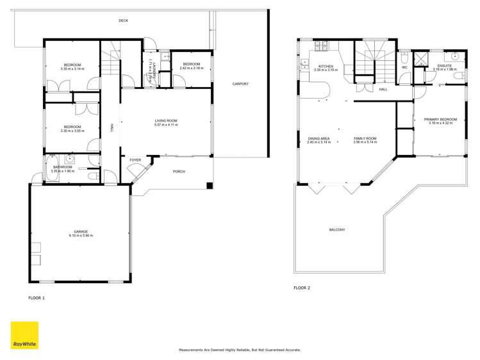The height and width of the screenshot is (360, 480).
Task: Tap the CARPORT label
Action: click(x=240, y=84)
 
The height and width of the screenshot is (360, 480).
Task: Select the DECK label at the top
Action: click(x=123, y=21)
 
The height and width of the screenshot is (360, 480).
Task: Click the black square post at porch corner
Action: click(x=209, y=186)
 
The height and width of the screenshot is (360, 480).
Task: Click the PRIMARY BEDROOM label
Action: click(x=440, y=119)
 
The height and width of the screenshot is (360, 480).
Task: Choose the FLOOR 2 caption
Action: click(x=302, y=288)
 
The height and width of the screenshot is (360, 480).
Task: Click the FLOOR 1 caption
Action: click(x=37, y=298)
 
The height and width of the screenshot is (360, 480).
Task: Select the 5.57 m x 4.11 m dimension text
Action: click(x=165, y=125)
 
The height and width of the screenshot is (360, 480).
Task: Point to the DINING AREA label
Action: click(x=319, y=138)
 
